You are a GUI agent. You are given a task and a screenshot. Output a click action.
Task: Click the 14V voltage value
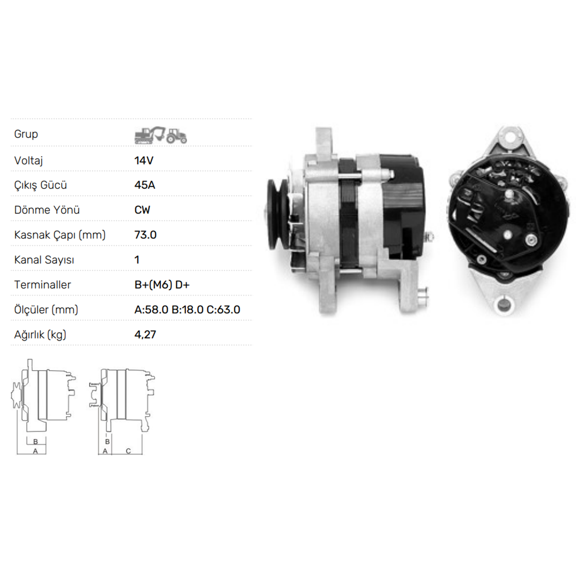point(144,161)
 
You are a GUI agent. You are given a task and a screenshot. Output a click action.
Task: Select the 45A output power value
point(145,185)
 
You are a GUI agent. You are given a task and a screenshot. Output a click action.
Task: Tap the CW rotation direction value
point(142,210)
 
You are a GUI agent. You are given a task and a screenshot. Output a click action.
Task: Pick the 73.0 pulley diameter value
point(146,235)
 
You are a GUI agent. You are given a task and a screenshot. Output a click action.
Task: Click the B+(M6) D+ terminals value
point(162,285)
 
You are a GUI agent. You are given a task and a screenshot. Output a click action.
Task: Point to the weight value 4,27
point(145,335)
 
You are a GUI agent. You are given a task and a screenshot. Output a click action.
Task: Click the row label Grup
point(26,134)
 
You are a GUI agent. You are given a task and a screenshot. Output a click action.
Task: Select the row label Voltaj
point(28,161)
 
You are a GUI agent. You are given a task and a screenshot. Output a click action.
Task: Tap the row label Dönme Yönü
point(47,210)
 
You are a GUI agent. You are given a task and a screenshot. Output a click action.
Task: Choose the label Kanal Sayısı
point(44,260)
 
